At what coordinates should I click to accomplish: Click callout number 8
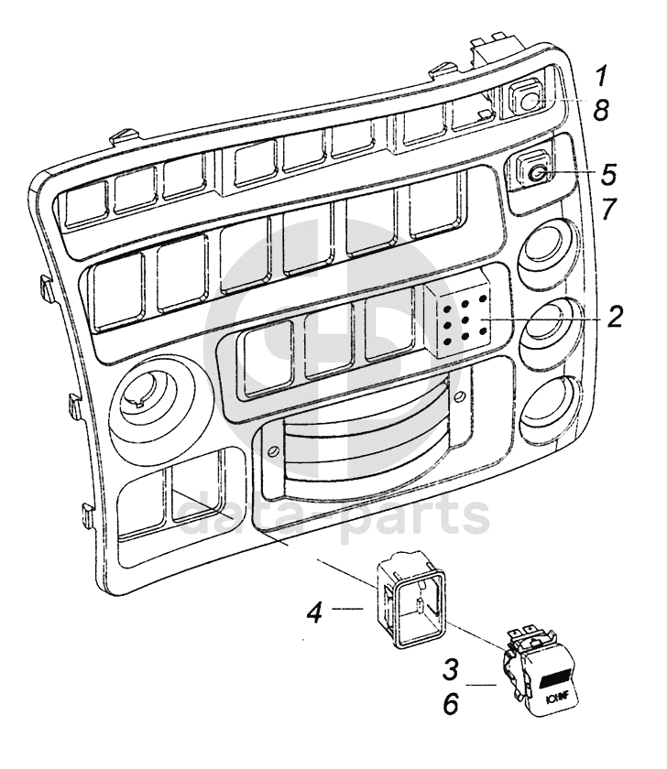[600, 111]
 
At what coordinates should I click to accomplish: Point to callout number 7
[607, 210]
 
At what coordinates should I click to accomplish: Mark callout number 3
[450, 668]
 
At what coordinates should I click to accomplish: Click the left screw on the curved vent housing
[272, 451]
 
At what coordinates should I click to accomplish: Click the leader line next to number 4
[349, 607]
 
